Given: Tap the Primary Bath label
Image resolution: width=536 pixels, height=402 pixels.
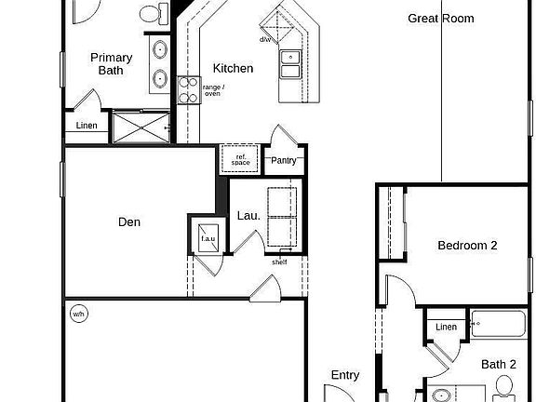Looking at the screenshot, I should (x=111, y=64).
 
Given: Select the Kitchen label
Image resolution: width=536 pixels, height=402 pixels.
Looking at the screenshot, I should (x=233, y=68).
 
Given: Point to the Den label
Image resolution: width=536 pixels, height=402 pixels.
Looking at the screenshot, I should (x=129, y=222).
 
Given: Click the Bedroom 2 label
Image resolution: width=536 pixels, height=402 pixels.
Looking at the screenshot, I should (x=467, y=246).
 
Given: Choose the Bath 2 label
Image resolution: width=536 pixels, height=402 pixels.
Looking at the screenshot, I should (x=499, y=364).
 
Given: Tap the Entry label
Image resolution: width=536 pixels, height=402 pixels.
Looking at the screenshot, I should (x=345, y=375).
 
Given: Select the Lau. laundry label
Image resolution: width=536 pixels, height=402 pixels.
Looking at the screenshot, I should (x=248, y=215).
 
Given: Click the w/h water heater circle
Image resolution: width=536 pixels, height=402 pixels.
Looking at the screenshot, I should (x=78, y=314).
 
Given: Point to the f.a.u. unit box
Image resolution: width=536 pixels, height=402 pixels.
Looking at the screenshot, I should (x=207, y=238).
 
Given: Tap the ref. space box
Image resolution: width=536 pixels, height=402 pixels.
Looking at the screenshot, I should (x=241, y=160).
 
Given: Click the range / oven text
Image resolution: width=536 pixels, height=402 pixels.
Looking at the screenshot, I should (x=213, y=91).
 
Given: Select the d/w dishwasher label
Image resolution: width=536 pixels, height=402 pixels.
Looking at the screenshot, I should (x=267, y=40).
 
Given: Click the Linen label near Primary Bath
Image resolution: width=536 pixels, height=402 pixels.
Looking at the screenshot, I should (x=86, y=126).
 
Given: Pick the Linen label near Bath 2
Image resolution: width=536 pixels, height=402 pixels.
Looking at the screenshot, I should (x=446, y=327).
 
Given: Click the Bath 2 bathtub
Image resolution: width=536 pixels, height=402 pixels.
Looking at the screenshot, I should (x=498, y=327).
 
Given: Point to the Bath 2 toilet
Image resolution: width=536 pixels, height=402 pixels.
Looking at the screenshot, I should (x=505, y=385).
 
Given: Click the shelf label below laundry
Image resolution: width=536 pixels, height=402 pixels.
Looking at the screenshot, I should (x=279, y=261).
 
